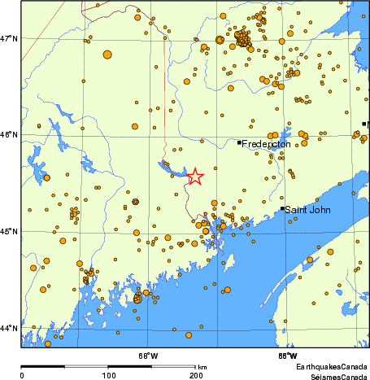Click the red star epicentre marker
(x=195, y=177)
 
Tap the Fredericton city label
(x=267, y=145)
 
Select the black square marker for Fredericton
(x=239, y=142)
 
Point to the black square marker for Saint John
(x=283, y=208)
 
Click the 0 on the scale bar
(x=21, y=375)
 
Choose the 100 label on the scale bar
(x=108, y=375)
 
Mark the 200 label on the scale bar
(x=196, y=375)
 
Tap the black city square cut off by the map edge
(x=364, y=124)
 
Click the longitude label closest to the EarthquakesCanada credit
(x=287, y=356)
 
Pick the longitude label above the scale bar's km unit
(x=148, y=356)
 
